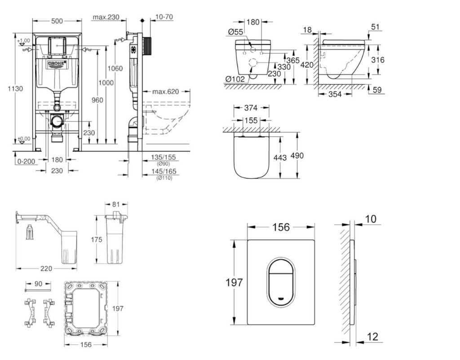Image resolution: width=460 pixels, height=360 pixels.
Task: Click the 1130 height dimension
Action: coord(15,89)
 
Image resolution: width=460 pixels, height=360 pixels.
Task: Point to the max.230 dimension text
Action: coord(106,17)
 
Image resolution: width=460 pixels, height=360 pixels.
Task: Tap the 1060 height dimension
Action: coord(115,69)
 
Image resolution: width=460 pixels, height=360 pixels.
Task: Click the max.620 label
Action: coord(165,92)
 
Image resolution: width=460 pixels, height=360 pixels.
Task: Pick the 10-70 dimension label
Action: coord(164,17)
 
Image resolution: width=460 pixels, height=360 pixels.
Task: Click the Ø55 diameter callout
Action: coord(235,32)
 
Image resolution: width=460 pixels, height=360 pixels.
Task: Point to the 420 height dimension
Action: coord(307,65)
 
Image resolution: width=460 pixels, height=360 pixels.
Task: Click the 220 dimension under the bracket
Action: coord(46,268)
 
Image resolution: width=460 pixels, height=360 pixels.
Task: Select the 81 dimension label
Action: coord(115,205)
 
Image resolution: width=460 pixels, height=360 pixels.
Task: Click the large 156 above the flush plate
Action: coord(281,227)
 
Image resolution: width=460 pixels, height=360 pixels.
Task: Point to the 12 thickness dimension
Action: coord(372,337)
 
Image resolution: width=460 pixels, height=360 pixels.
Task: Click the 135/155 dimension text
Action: coord(164,158)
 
